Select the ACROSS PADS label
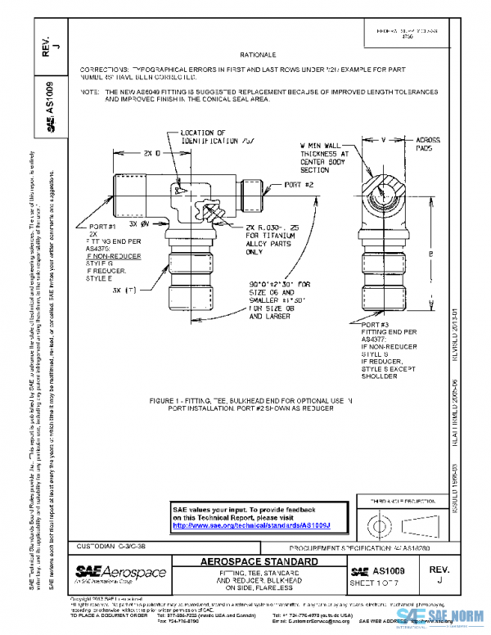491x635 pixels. pos(429,144)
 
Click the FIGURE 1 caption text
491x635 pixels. pos(249,405)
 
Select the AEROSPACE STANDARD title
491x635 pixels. pos(259,562)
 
